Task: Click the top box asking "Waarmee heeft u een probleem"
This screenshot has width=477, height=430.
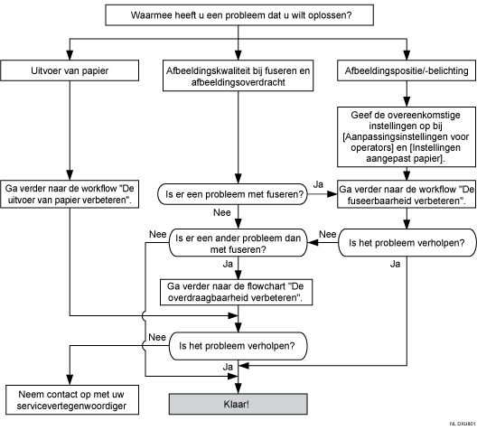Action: (x=238, y=14)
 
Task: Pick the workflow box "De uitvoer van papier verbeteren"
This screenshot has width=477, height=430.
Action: (x=66, y=193)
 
